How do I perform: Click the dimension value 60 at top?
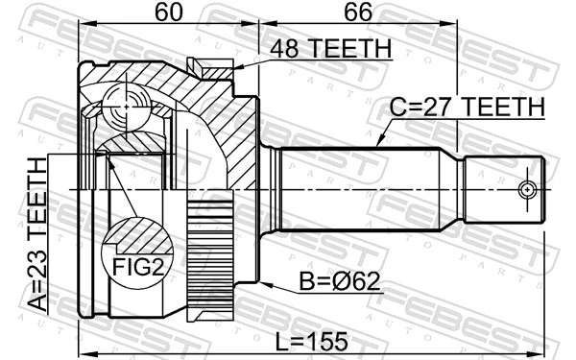(x=169, y=13)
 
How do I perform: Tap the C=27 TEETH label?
(x=467, y=108)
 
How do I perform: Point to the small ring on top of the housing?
(x=210, y=66)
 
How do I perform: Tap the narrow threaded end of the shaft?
(x=504, y=189)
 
